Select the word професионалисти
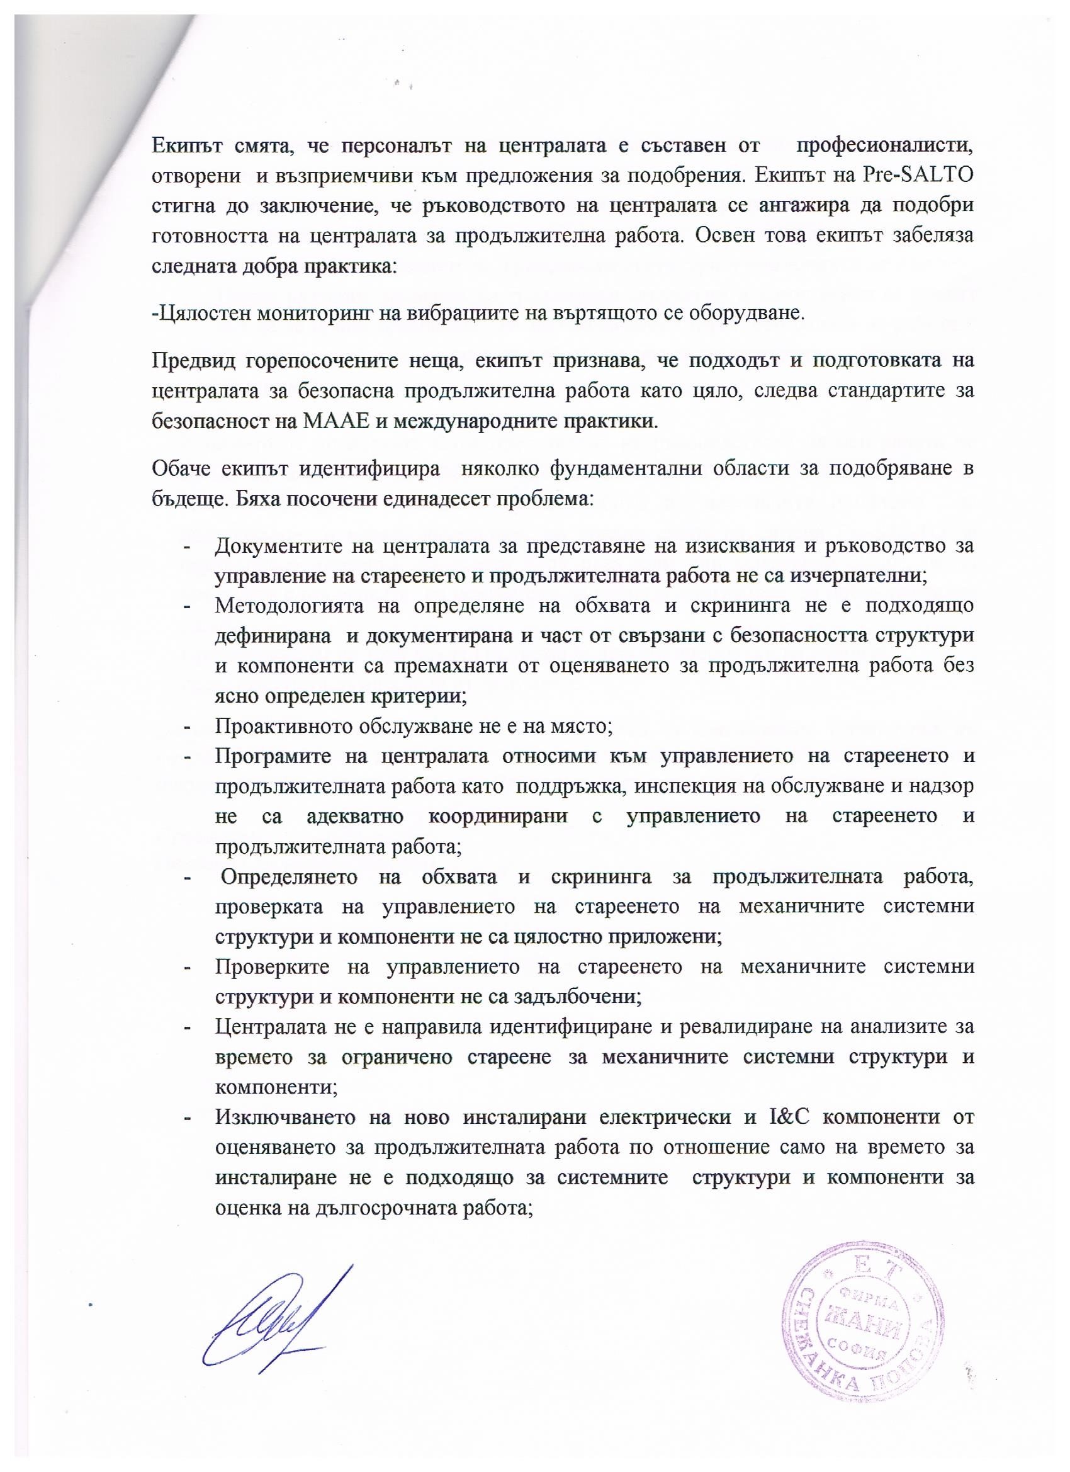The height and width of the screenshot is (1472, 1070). [x=885, y=145]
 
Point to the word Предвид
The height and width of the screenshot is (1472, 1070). [x=193, y=361]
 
